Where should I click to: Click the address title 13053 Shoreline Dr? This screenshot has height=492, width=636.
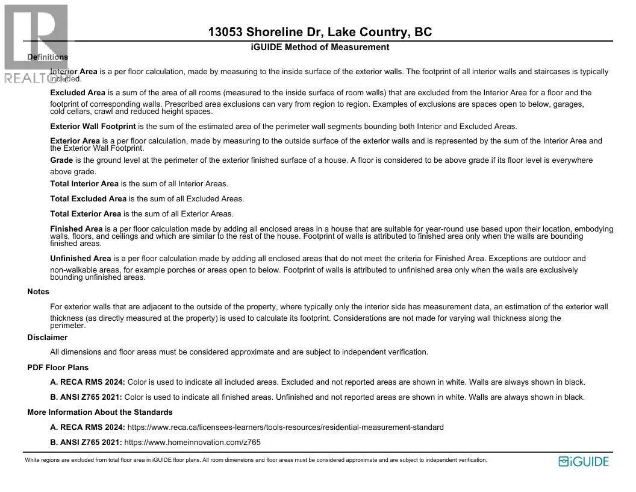pyautogui.click(x=320, y=33)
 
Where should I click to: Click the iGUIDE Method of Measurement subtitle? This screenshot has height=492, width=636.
pyautogui.click(x=320, y=47)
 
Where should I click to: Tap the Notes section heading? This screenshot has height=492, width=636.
pyautogui.click(x=38, y=292)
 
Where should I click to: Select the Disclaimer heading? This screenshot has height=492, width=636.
pyautogui.click(x=47, y=338)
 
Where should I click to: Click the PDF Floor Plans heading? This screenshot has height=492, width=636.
pyautogui.click(x=58, y=368)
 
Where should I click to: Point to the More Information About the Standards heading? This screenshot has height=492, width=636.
pyautogui.click(x=100, y=412)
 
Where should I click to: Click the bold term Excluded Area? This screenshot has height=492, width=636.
pyautogui.click(x=78, y=93)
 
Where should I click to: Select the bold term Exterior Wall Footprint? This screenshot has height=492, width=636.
pyautogui.click(x=93, y=127)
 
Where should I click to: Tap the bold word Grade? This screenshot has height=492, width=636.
pyautogui.click(x=61, y=160)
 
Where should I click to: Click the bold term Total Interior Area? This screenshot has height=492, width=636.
pyautogui.click(x=84, y=184)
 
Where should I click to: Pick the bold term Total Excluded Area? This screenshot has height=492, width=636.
pyautogui.click(x=88, y=199)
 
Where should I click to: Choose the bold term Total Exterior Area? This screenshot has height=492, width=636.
pyautogui.click(x=86, y=214)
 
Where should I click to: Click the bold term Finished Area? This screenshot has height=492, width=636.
pyautogui.click(x=76, y=229)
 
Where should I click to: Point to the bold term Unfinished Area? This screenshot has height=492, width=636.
pyautogui.click(x=81, y=259)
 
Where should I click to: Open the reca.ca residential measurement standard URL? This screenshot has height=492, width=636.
pyautogui.click(x=285, y=427)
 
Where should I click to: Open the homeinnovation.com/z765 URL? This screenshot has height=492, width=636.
pyautogui.click(x=192, y=443)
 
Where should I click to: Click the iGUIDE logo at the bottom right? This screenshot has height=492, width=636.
pyautogui.click(x=584, y=462)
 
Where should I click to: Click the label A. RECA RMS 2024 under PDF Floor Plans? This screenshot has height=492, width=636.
pyautogui.click(x=87, y=382)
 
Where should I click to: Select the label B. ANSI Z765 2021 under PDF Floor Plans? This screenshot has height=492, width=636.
pyautogui.click(x=86, y=397)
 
